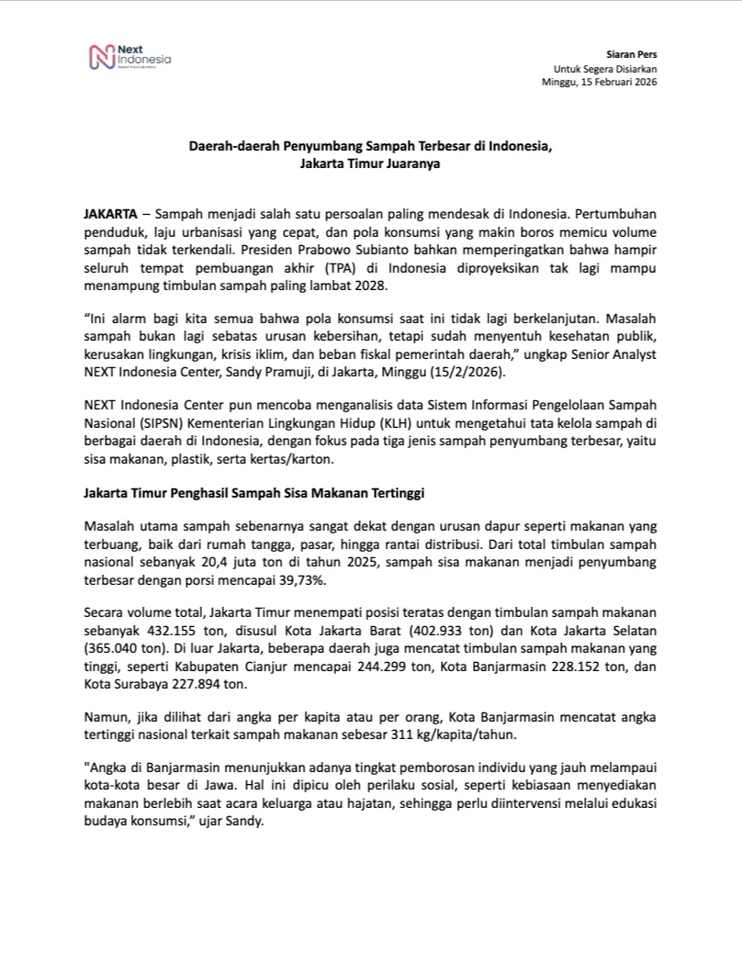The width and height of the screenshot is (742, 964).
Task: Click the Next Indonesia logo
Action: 128,58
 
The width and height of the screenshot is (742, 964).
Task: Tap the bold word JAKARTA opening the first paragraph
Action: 110,212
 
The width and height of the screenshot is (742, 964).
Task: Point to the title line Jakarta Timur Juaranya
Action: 370,165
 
